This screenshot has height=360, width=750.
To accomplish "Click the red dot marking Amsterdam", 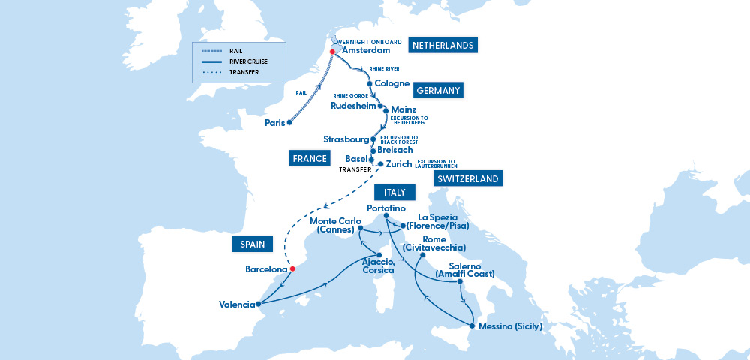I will point(332,52).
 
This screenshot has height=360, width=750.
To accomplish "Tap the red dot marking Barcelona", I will point(292,268).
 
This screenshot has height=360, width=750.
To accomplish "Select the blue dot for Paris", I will point(289,122).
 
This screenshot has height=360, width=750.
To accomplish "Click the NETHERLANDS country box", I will point(442,46).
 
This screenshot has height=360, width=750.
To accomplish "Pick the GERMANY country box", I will point(437,90).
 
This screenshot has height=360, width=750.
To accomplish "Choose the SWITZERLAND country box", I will point(467,178).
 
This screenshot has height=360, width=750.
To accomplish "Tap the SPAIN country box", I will point(250,244).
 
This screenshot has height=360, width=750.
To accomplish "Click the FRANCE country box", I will point(310,158).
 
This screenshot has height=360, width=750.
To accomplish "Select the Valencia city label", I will point(234,304).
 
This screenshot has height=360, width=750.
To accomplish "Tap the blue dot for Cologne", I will point(370,83).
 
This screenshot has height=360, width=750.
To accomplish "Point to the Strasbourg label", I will point(346,139).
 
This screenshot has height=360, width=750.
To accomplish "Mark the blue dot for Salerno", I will point(460,282).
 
